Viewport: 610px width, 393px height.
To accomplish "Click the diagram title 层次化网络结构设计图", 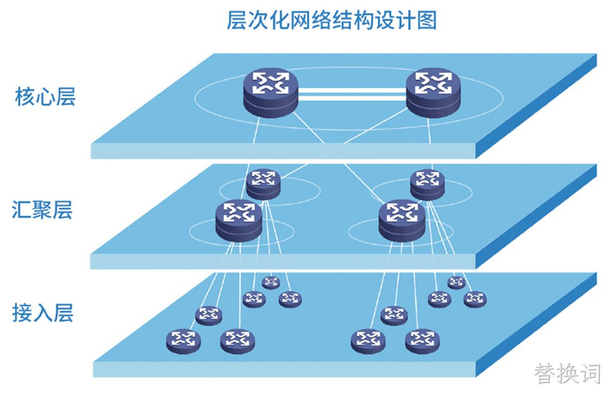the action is (331, 20).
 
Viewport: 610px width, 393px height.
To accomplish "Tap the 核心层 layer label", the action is (45, 97).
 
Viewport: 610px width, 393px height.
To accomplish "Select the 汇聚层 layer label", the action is (42, 209).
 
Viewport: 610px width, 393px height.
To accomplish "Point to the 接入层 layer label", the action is (43, 312).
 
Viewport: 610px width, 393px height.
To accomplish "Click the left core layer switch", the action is (271, 92).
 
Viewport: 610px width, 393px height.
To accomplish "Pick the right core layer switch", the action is (433, 92).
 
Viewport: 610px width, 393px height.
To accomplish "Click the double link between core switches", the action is (352, 94).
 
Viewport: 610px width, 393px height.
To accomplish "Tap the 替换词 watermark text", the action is (568, 373).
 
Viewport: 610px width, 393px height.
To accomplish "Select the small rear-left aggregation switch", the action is (263, 184).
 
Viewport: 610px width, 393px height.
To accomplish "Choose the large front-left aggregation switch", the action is (239, 220).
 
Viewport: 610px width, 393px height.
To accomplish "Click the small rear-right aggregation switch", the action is (427, 184).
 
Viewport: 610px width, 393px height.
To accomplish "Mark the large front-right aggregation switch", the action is (402, 220).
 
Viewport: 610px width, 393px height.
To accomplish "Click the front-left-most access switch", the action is (183, 341).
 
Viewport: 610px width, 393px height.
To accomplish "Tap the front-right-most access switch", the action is (422, 341).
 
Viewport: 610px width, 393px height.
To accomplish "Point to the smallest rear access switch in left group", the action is (271, 283).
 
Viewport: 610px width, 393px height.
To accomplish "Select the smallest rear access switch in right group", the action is (456, 283).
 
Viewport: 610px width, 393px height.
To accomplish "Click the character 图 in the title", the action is (427, 20).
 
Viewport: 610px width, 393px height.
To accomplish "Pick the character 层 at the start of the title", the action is (236, 20).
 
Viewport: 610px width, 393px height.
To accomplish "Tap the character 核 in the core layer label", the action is (25, 97).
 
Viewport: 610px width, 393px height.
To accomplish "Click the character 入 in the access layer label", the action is (43, 312).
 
